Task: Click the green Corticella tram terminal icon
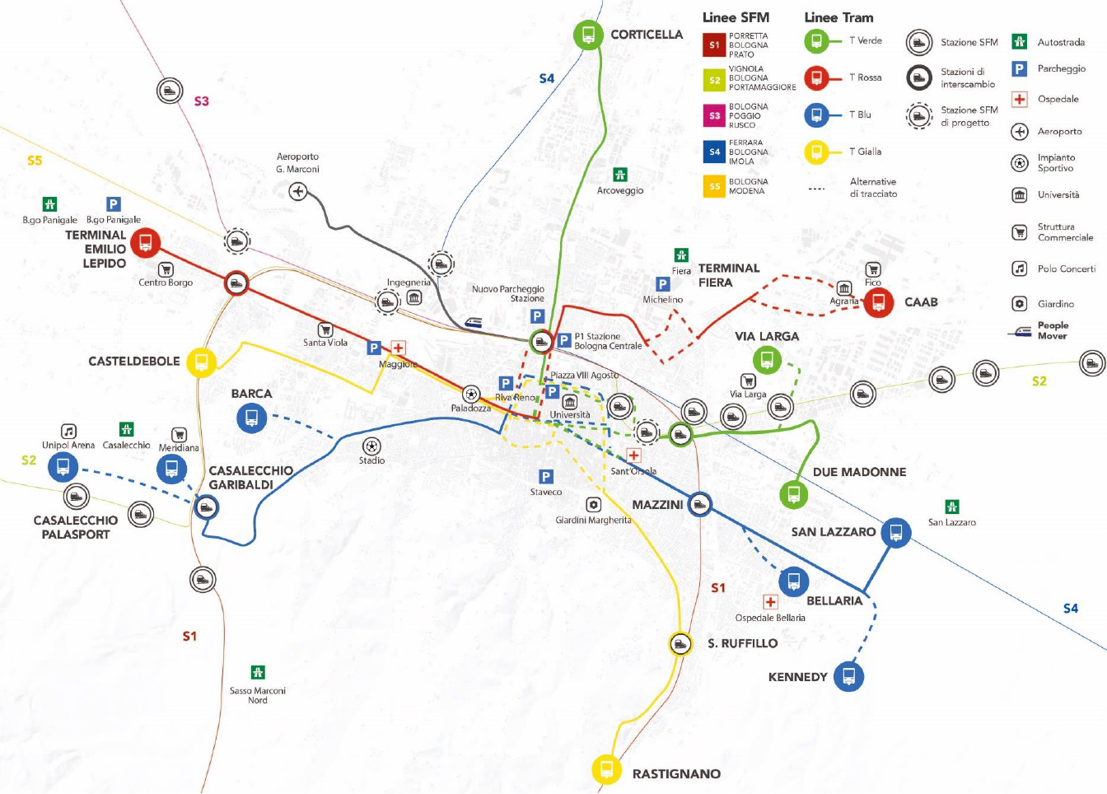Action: coord(588,35)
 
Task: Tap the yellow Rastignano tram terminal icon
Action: coord(606,769)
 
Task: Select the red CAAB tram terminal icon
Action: coord(878,302)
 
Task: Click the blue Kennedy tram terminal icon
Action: coord(848,676)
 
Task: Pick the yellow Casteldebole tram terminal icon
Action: coord(201,362)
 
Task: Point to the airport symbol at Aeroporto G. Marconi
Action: coord(298,191)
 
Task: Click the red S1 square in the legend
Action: coord(714,45)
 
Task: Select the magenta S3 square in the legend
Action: coord(714,115)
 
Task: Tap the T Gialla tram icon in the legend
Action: coord(816,152)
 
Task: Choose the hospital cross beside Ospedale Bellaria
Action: coord(770,601)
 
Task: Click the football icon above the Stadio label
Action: coord(371,446)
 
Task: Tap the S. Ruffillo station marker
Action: coord(680,643)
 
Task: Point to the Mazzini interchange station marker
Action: coord(699,504)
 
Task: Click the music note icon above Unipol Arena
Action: coord(68,432)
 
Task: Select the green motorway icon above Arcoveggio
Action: coord(619,175)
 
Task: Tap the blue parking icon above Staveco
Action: coord(545,477)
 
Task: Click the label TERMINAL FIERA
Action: coord(728,275)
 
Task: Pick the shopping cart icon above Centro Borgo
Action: coord(166,270)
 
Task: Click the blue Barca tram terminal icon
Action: coord(251,418)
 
